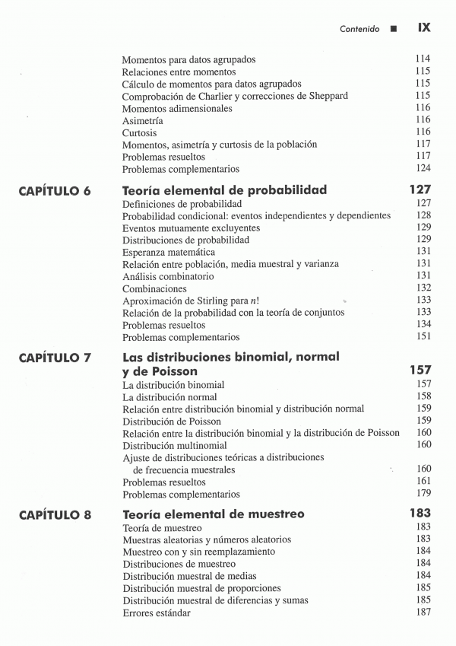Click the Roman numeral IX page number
pos(424,27)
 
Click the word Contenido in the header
pos(359,29)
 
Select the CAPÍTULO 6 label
pos(55,191)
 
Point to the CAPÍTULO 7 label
pos(55,358)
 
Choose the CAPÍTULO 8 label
pos(55,515)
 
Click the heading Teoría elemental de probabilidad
pos(224,189)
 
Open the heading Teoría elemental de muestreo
pos(214,514)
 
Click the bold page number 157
pos(420,371)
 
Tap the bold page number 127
pos(420,189)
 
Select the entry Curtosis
pos(140,132)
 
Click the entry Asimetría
pos(143,120)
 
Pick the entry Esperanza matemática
pos(169,252)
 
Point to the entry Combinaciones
pos(154,288)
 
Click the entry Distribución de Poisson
pos(172,421)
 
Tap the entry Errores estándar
pos(157,613)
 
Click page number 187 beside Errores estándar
pos(423,613)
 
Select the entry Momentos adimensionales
pos(177,108)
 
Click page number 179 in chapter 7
pos(423,494)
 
